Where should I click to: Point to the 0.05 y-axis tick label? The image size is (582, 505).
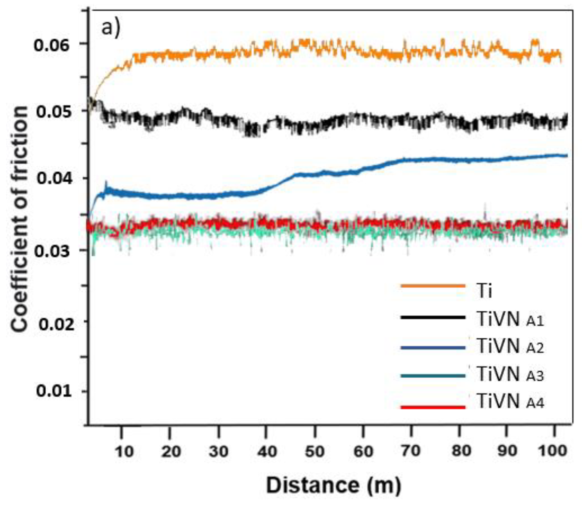pos(54,112)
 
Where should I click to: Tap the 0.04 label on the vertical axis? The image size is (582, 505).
pos(54,178)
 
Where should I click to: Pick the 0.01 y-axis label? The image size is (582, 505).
pos(54,391)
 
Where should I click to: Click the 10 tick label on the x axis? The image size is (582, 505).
pos(124,451)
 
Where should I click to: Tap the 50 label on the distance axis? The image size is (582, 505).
pos(315,451)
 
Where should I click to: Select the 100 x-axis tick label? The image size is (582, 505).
pos(552,450)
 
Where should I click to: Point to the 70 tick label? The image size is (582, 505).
pos(410,450)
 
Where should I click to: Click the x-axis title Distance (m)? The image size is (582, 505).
pos(333,486)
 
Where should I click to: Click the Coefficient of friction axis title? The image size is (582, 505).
pos(19,218)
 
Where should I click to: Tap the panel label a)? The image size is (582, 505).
pos(111,28)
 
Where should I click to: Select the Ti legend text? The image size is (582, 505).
pos(484,291)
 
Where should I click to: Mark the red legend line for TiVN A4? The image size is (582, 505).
pos(433,407)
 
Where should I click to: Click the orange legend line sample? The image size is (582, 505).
pos(433,286)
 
